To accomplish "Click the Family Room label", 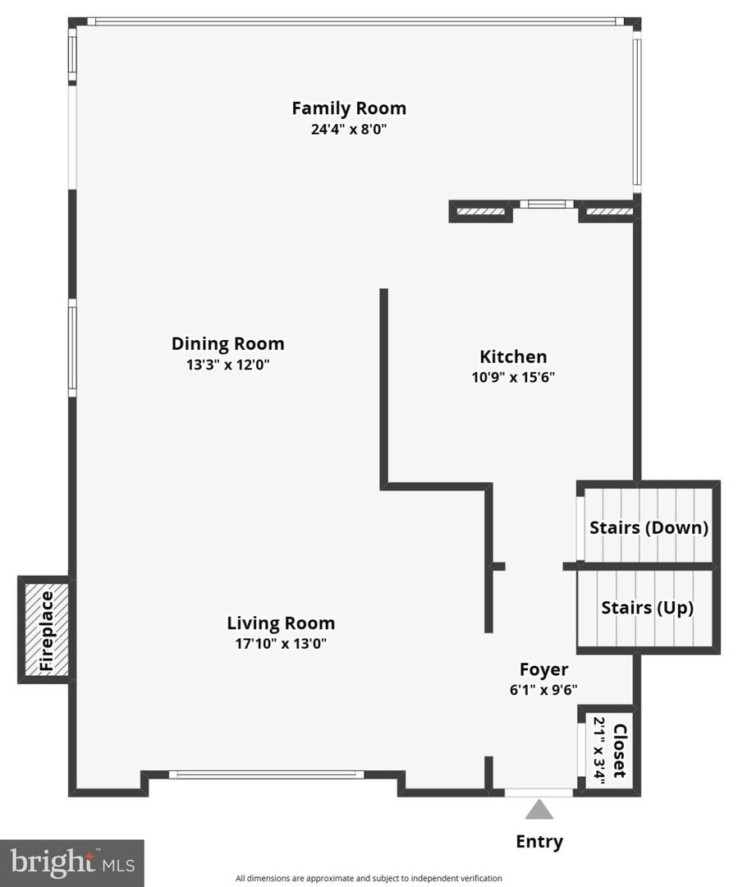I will pyautogui.click(x=349, y=108).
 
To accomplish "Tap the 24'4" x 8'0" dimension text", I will pyautogui.click(x=349, y=129).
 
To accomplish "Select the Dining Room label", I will pyautogui.click(x=227, y=343).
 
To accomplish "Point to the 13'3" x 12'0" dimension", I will pyautogui.click(x=227, y=365).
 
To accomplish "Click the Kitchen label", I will pyautogui.click(x=513, y=356).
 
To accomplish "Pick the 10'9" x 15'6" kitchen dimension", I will pyautogui.click(x=513, y=378).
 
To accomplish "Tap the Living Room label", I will pyautogui.click(x=281, y=623).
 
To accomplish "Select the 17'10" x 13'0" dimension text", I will pyautogui.click(x=281, y=644).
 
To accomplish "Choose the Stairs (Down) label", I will pyautogui.click(x=649, y=527).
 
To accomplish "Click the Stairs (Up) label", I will pyautogui.click(x=647, y=608).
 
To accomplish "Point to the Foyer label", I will pyautogui.click(x=543, y=669).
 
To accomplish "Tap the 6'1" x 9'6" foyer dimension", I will pyautogui.click(x=543, y=690).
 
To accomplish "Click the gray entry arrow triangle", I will pyautogui.click(x=539, y=810).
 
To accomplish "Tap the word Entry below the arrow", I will pyautogui.click(x=539, y=841).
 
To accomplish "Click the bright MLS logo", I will pyautogui.click(x=72, y=862).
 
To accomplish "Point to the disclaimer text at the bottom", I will pyautogui.click(x=369, y=878).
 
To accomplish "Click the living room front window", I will pyautogui.click(x=267, y=774).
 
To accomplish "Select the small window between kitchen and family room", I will pyautogui.click(x=546, y=204).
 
